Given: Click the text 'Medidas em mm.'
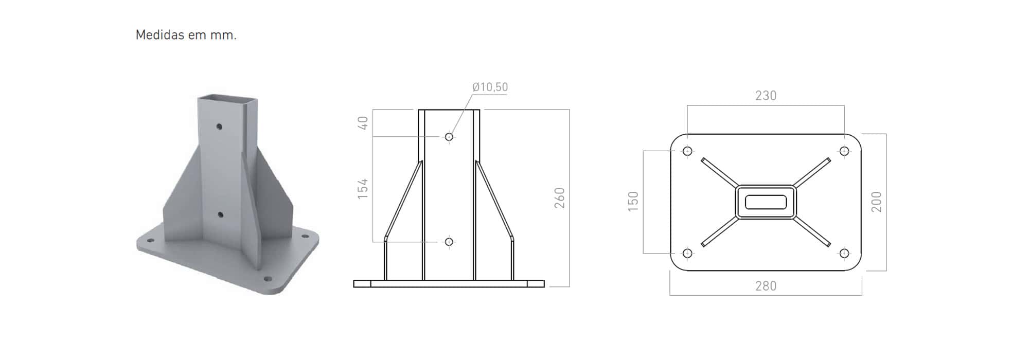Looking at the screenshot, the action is (186, 35).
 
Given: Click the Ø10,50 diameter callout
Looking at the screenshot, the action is (490, 87).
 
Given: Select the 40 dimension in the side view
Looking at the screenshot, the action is (363, 123).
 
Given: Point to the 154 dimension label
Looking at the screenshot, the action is (363, 189).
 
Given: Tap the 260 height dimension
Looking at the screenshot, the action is (560, 198).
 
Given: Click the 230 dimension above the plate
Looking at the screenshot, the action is (766, 96).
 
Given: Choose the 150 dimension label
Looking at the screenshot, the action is (633, 201).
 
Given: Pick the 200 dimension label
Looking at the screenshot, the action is (877, 202).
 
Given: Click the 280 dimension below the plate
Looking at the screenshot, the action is (766, 286).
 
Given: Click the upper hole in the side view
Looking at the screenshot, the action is (449, 137).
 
